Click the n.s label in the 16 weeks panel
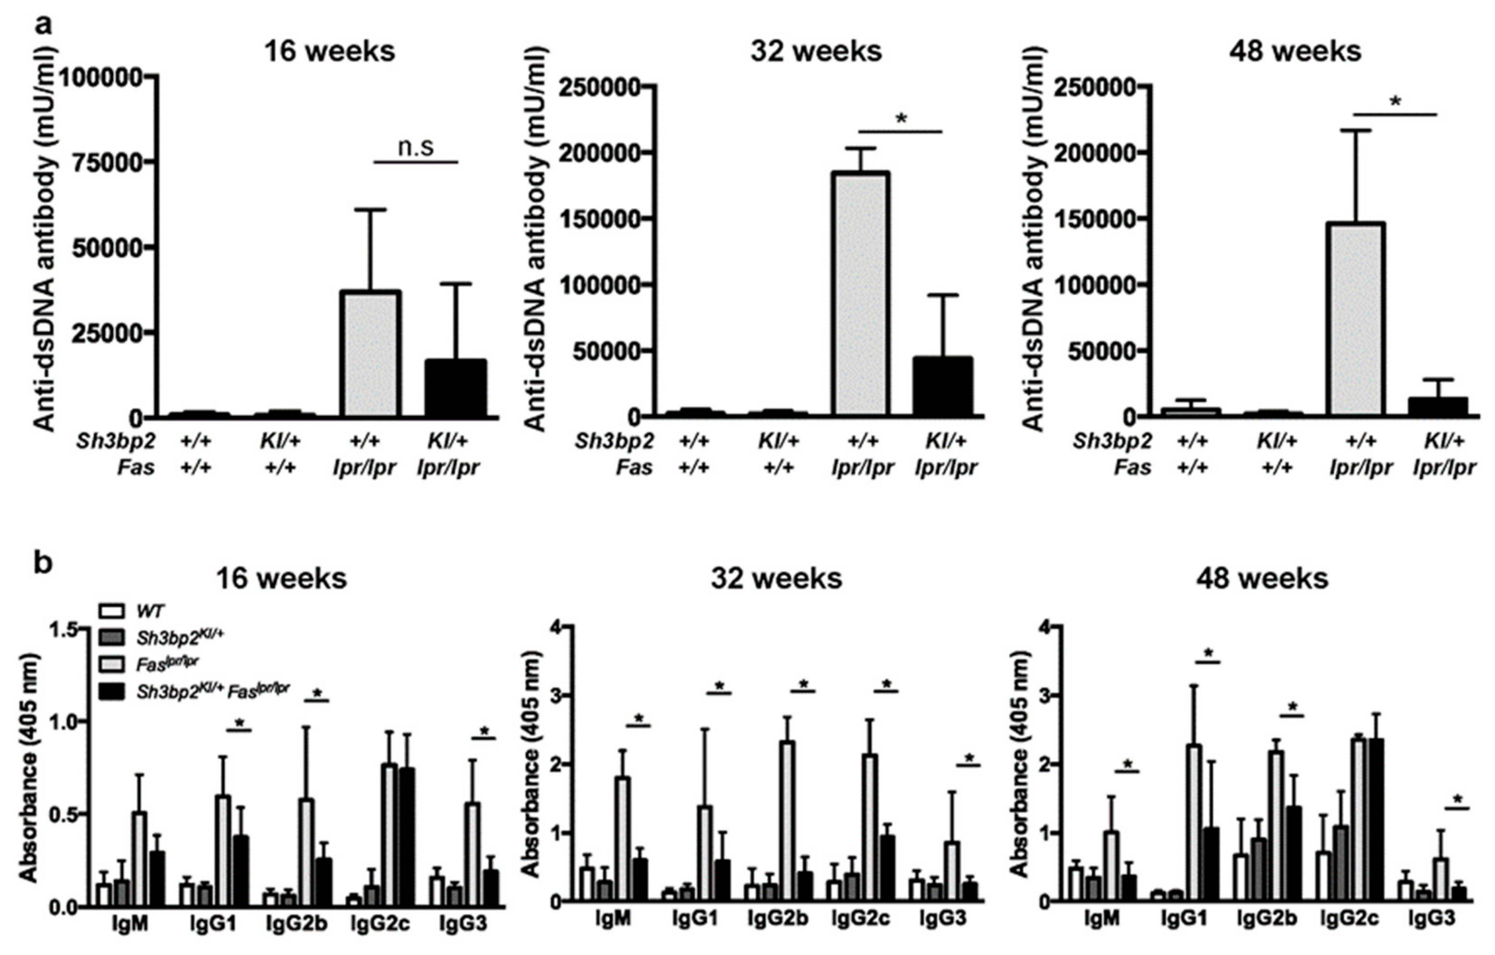[416, 148]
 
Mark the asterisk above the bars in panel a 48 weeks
[1395, 101]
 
